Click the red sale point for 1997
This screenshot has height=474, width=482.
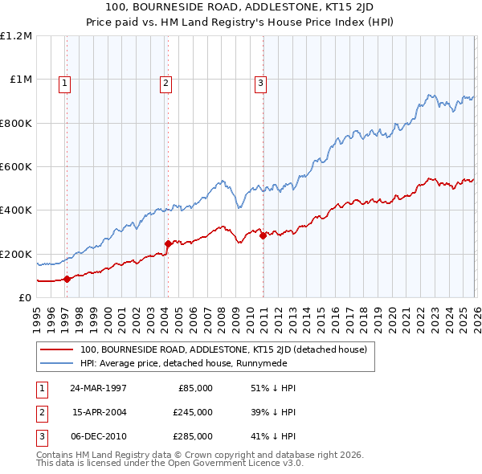[x=67, y=279]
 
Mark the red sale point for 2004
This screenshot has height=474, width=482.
[x=168, y=243]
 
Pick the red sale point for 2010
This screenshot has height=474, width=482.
[x=263, y=235]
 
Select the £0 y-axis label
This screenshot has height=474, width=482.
[x=24, y=297]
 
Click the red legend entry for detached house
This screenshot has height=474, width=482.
[x=223, y=349]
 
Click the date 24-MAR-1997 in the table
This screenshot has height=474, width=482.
[x=99, y=388]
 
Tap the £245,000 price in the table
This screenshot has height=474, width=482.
[x=193, y=412]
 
